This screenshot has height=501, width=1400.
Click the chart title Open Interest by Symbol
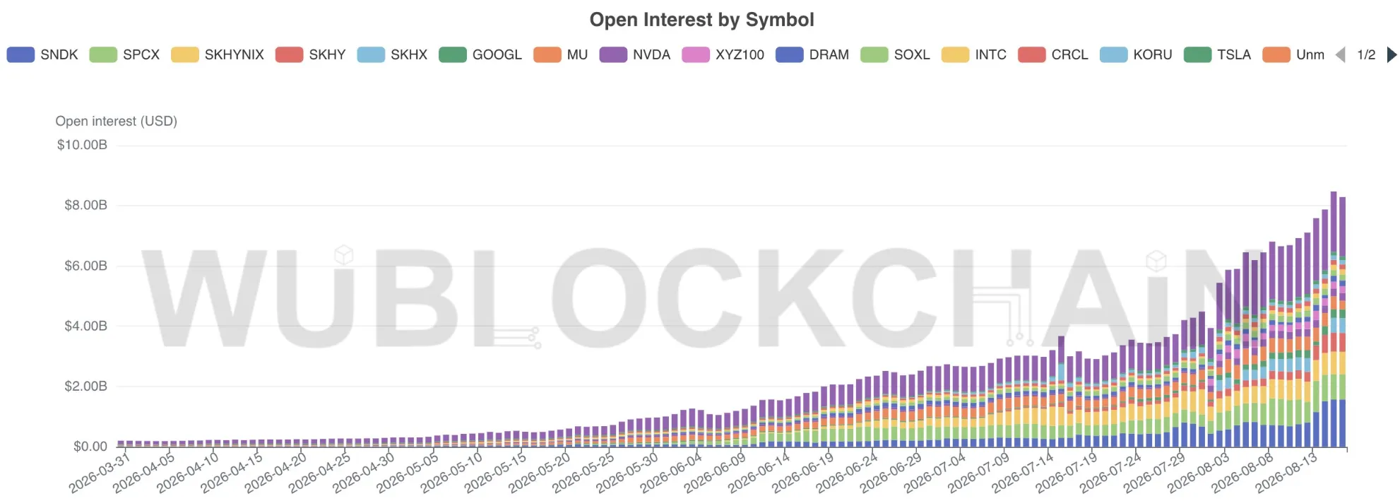tap(701, 20)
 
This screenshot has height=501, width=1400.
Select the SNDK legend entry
tap(42, 54)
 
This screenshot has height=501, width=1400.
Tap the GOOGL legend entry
tap(480, 54)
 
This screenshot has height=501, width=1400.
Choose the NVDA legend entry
tap(635, 54)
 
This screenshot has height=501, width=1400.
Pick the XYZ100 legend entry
tap(723, 54)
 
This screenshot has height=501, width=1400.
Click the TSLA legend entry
tap(1217, 54)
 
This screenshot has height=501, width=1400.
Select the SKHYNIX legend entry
tap(218, 54)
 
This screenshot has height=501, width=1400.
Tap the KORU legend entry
tap(1136, 54)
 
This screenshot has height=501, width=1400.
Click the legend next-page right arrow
tap(1392, 54)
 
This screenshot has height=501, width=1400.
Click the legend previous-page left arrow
tap(1340, 54)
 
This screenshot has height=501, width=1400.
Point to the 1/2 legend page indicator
tap(1366, 54)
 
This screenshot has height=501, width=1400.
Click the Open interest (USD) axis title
tap(117, 121)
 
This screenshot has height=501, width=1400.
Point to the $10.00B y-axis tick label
tap(82, 145)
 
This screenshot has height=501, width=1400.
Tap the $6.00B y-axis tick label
tap(85, 266)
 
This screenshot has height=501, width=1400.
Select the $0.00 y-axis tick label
tap(90, 447)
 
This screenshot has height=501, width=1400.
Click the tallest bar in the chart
tap(1334, 319)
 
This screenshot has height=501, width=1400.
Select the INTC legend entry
tap(974, 54)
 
